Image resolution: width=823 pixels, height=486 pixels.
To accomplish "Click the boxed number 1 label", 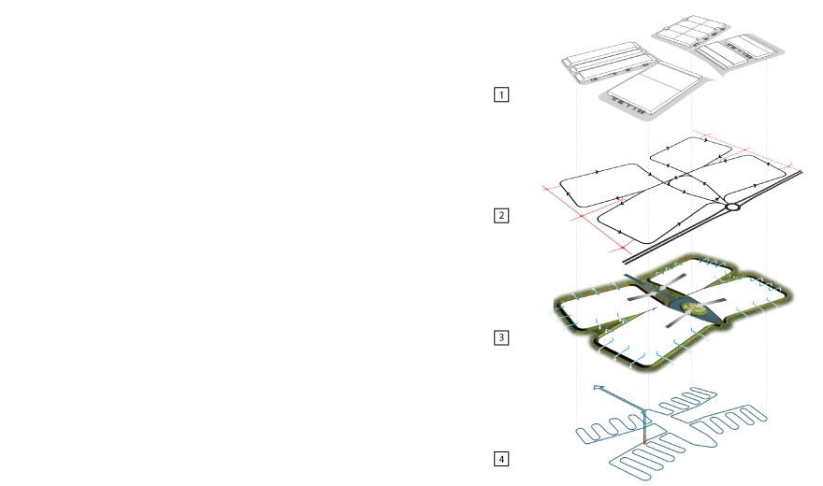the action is pos(501,95).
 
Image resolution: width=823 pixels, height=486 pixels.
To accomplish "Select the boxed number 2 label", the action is pos(501,216).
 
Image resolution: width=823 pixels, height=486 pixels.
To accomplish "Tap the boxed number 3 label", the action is pos(501,337).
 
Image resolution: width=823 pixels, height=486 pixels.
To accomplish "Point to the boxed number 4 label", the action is pos(501,459).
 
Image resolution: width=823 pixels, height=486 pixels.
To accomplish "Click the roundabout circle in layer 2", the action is pos(732,207).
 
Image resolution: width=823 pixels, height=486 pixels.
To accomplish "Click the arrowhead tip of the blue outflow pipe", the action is pos(594,387).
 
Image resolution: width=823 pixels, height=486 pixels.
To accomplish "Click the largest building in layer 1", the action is pos(655,87).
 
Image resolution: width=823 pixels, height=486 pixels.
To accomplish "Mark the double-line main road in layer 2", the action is pos(713,217).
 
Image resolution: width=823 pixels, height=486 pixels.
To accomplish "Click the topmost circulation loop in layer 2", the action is pos(691,155).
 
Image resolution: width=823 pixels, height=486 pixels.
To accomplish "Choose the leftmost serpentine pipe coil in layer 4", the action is pos(609,431).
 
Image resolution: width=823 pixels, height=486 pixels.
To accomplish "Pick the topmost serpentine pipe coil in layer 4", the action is pos(687,401).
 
